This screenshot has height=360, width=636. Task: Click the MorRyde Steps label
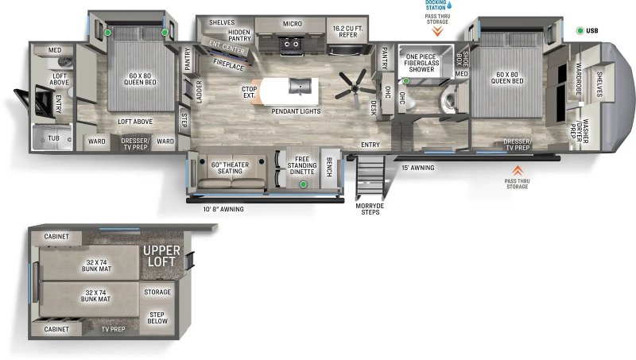tap(370, 209)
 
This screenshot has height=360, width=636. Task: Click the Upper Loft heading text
tap(161, 256)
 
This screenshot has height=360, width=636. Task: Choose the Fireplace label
tap(229, 66)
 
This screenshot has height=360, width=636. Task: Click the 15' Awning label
tap(417, 168)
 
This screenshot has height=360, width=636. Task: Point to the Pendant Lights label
tap(296, 111)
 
